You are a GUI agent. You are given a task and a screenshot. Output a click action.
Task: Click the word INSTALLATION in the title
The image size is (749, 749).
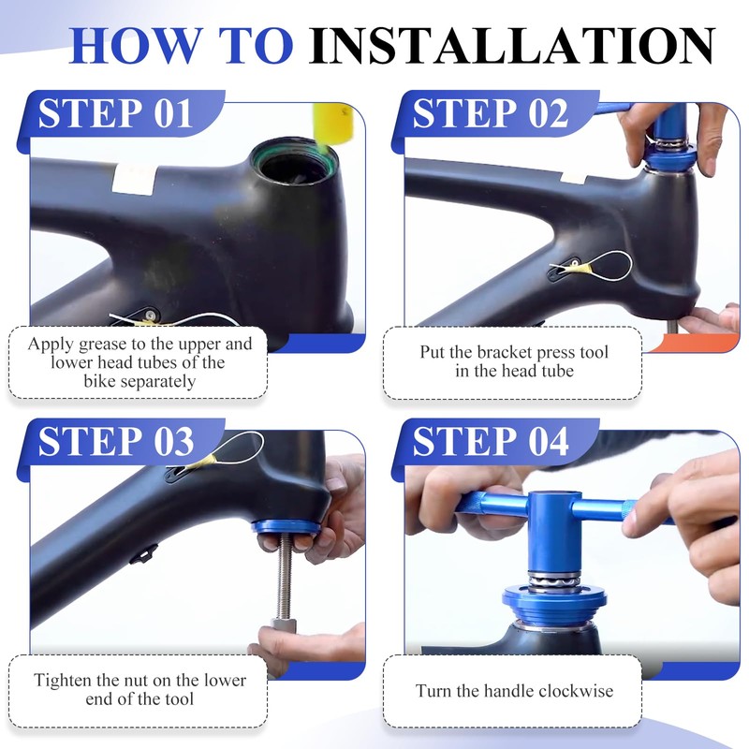[x=511, y=46]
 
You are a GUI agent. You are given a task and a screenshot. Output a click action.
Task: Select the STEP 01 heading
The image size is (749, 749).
[x=115, y=113]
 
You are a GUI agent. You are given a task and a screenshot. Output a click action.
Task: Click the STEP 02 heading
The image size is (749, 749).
[x=490, y=113]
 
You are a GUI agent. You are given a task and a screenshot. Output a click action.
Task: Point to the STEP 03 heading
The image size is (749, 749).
[x=116, y=442]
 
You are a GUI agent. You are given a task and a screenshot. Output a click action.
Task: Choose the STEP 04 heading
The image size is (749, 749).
[x=491, y=442]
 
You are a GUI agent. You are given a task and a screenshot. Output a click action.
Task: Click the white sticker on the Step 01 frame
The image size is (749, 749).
[x=134, y=179]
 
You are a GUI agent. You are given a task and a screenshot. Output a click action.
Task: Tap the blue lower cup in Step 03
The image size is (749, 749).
[x=286, y=527]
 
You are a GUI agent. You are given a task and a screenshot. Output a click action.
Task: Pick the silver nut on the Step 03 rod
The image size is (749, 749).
[x=284, y=625]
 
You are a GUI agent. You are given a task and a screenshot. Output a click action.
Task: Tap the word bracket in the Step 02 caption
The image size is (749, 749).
[x=506, y=352]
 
